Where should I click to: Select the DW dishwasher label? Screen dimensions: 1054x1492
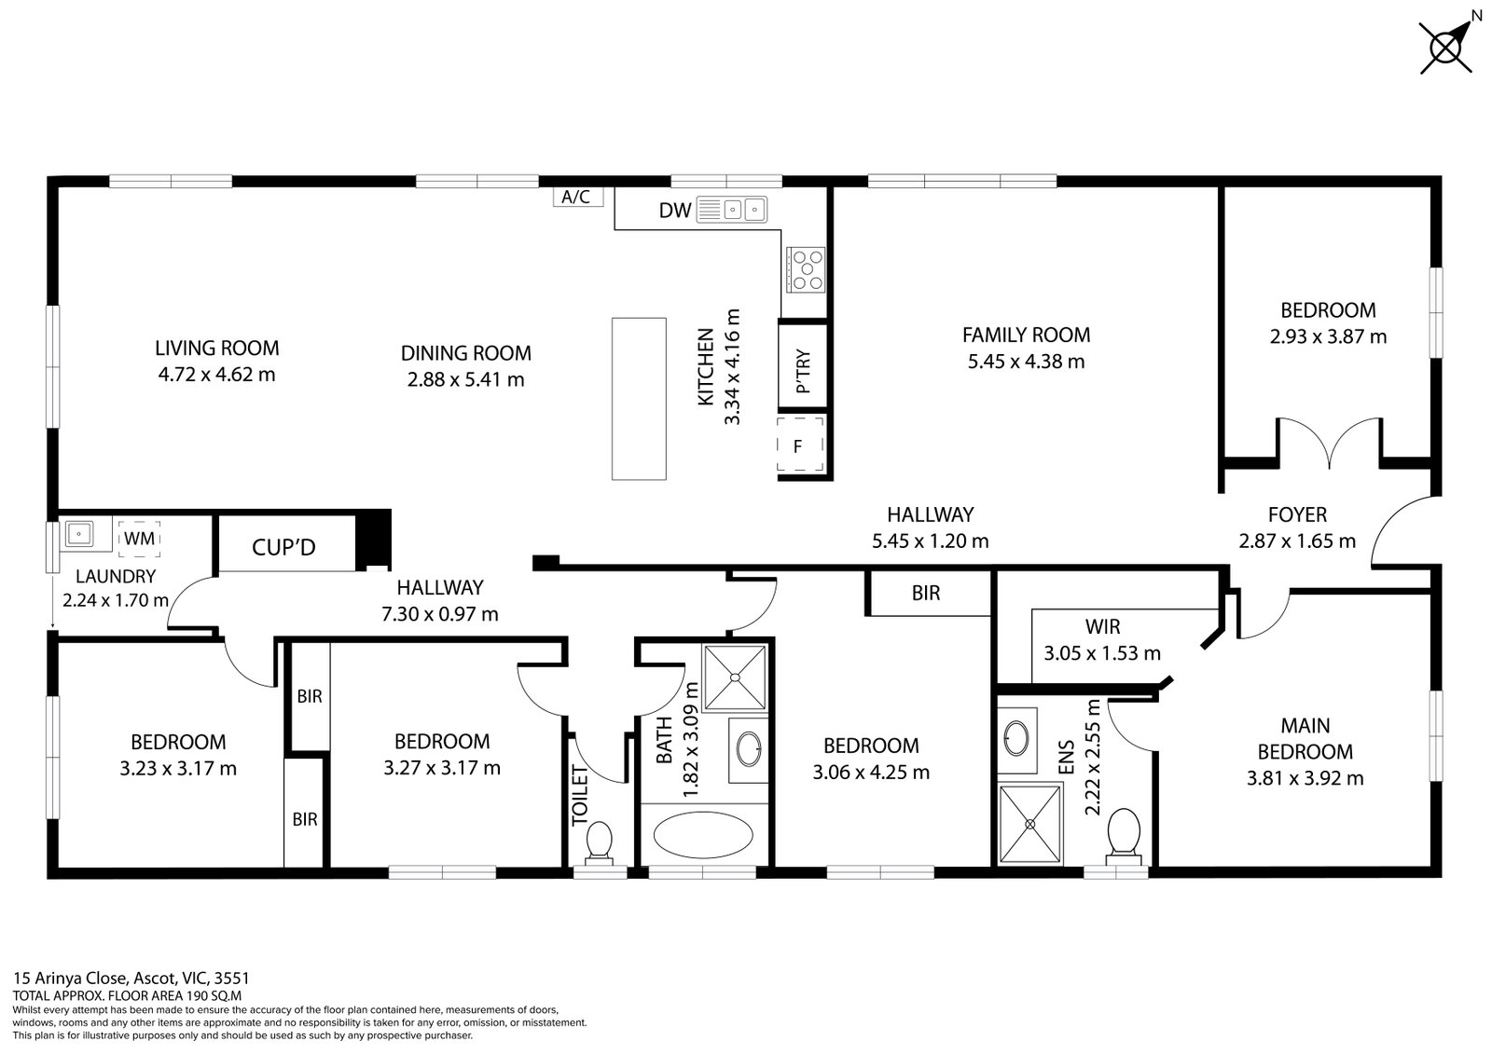click(675, 211)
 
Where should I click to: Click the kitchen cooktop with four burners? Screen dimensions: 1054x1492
click(806, 269)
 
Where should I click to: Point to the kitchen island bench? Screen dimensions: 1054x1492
click(639, 399)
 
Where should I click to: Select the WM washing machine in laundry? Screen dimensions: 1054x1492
click(140, 539)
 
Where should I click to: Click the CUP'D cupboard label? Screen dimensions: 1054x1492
click(283, 547)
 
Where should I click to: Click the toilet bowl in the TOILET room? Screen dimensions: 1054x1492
click(598, 841)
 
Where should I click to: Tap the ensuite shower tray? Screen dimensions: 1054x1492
click(1030, 824)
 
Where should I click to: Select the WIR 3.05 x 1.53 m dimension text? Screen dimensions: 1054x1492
click(1102, 653)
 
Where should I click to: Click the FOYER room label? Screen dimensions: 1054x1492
click(1296, 514)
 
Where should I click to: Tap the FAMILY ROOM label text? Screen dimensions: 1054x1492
click(1026, 335)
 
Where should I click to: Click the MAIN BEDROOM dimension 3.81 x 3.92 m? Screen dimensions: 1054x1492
click(1305, 778)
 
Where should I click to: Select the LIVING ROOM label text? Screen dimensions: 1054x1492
click(216, 349)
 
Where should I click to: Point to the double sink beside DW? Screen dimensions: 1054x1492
click(743, 210)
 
